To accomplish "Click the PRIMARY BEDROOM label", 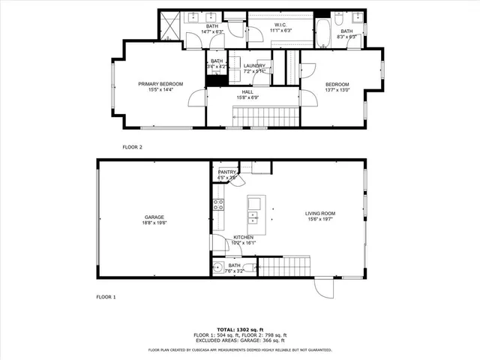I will [x=155, y=83].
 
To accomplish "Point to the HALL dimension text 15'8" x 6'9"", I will [x=247, y=97].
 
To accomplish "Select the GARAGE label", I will [x=154, y=217].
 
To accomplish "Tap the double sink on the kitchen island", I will [x=253, y=218].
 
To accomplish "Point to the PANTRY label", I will [x=227, y=172].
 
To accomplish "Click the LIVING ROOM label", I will [x=319, y=214].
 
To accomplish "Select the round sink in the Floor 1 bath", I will [x=217, y=267].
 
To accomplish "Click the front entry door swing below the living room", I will [x=323, y=288].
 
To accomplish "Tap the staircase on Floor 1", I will [x=283, y=267].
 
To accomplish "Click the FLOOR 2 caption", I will [x=132, y=147].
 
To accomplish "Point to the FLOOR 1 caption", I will [x=106, y=298].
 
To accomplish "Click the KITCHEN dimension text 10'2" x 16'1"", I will [x=244, y=243].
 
